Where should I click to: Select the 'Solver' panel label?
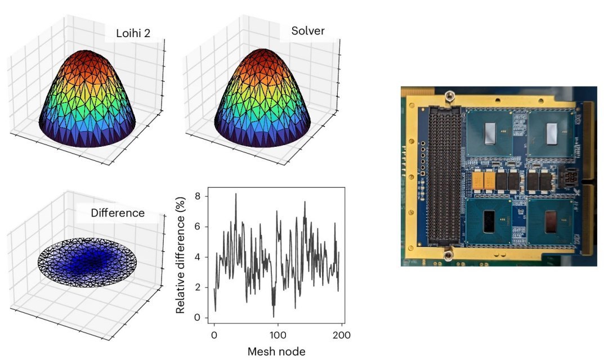tap(307, 31)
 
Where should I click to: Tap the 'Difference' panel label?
tap(118, 213)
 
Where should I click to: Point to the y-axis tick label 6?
tap(196, 227)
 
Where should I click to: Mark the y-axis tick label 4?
tap(196, 258)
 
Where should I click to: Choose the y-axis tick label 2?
tap(196, 287)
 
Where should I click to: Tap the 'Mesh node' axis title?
tap(276, 352)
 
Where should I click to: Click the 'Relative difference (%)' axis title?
tap(180, 255)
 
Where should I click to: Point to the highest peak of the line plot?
tap(236, 194)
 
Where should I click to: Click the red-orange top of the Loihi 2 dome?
tap(88, 58)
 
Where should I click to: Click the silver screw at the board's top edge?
tap(449, 97)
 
